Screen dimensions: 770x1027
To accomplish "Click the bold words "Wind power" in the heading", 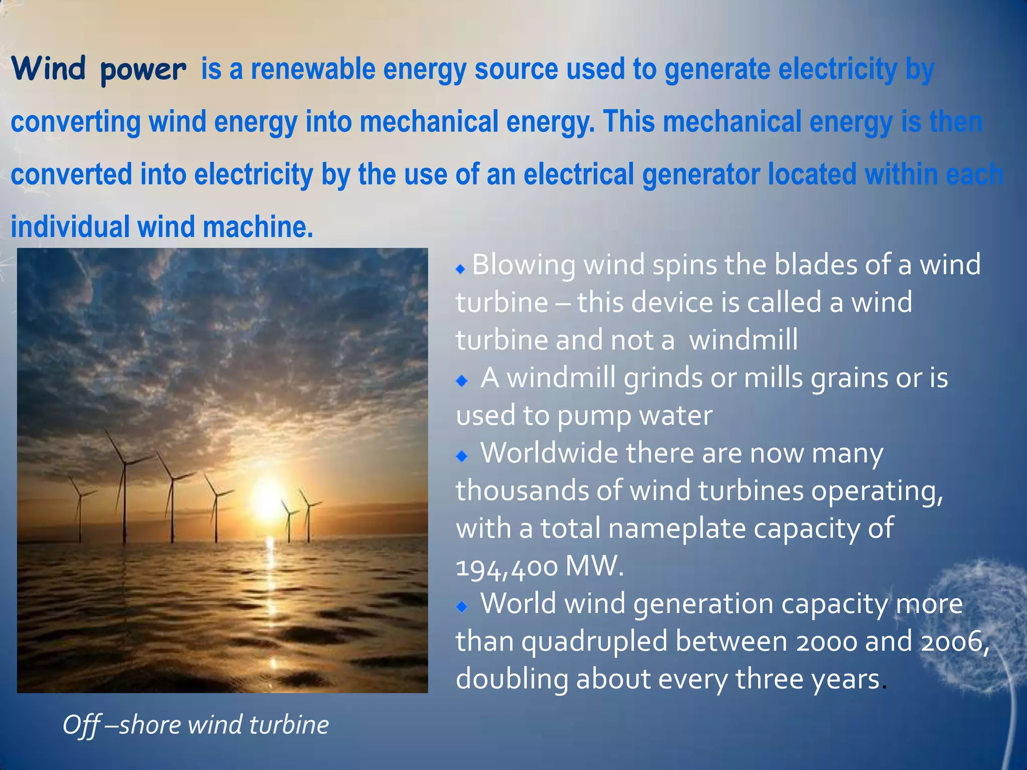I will (98, 69).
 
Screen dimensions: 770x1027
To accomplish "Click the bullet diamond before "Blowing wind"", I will (460, 270).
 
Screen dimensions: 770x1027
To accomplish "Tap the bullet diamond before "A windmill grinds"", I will (461, 381).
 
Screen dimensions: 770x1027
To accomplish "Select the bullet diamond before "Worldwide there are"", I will (461, 456).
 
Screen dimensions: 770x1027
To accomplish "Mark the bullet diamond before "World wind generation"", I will (461, 607).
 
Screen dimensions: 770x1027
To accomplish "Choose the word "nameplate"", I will (677, 529).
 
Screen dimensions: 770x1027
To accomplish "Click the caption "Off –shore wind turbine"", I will (196, 725).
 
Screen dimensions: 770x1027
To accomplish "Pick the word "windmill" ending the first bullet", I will (743, 340).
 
